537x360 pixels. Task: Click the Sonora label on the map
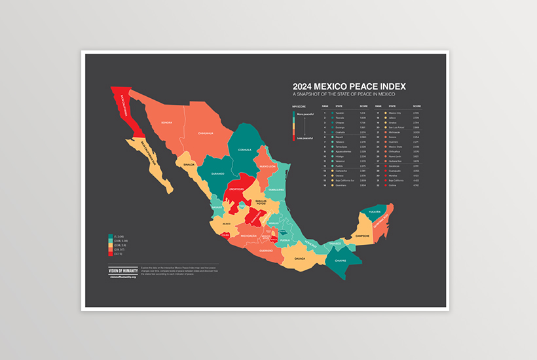pyautogui.click(x=166, y=122)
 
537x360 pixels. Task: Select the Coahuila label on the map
pyautogui.click(x=244, y=149)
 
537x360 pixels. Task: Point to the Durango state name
pyautogui.click(x=218, y=173)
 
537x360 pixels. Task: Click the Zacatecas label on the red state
pyautogui.click(x=236, y=189)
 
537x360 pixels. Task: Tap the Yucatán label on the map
pyautogui.click(x=374, y=212)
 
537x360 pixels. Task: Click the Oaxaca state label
pyautogui.click(x=299, y=258)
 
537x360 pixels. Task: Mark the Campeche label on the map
pyautogui.click(x=363, y=235)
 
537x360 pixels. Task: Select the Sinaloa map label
pyautogui.click(x=189, y=164)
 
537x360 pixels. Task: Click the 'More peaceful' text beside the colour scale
pyautogui.click(x=305, y=115)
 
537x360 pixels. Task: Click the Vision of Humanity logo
pyautogui.click(x=122, y=270)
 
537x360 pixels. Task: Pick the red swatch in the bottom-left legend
pyautogui.click(x=111, y=251)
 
